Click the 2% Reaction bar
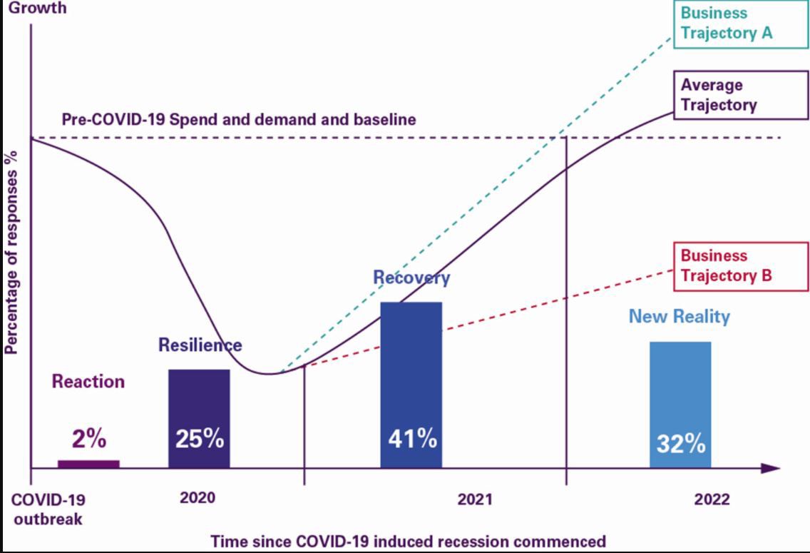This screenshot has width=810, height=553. [x=88, y=464]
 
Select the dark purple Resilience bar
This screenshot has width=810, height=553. [x=199, y=418]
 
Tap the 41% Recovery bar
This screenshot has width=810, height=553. [x=411, y=385]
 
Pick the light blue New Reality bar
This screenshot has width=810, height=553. [x=680, y=405]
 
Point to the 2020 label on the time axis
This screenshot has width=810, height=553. [x=198, y=498]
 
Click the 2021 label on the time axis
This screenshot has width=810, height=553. [x=474, y=499]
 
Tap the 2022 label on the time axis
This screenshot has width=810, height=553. [x=712, y=499]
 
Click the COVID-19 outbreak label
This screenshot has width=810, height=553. [x=48, y=509]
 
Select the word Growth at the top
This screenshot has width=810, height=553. [x=36, y=9]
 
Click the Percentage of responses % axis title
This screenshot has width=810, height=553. [x=12, y=253]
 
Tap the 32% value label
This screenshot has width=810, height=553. [x=680, y=443]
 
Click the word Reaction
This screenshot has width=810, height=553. [x=88, y=382]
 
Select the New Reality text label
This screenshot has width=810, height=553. [x=679, y=316]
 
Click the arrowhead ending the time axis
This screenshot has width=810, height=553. [x=770, y=469]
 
